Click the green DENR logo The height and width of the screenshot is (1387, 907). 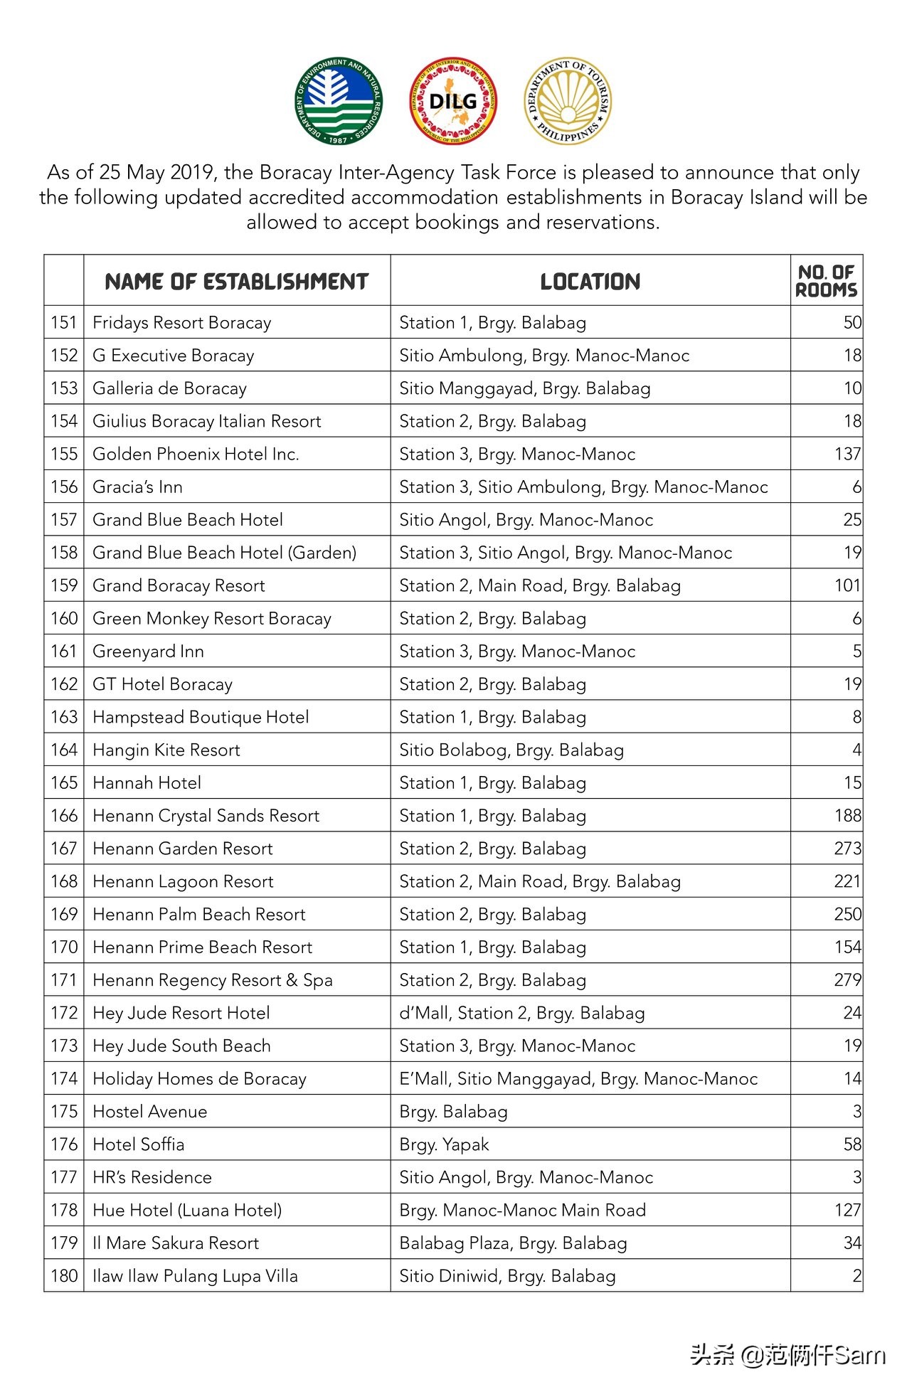pyautogui.click(x=339, y=101)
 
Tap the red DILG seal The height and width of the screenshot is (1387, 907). pyautogui.click(x=453, y=101)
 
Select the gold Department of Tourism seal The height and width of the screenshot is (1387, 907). pyautogui.click(x=567, y=101)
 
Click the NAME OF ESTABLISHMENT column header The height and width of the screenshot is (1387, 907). pyautogui.click(x=236, y=282)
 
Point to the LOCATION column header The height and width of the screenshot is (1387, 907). pyautogui.click(x=590, y=282)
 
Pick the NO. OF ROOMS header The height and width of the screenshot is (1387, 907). pyautogui.click(x=826, y=281)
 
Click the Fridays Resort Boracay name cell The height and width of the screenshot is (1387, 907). pyautogui.click(x=182, y=323)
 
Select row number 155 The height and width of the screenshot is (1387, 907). pyautogui.click(x=64, y=454)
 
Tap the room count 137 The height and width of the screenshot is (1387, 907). pyautogui.click(x=847, y=454)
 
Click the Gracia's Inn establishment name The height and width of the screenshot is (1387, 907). pyautogui.click(x=138, y=487)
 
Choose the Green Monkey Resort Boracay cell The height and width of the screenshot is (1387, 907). pyautogui.click(x=212, y=619)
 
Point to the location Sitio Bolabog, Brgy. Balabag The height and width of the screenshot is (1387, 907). pyautogui.click(x=511, y=750)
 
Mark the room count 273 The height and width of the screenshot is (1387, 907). pyautogui.click(x=847, y=849)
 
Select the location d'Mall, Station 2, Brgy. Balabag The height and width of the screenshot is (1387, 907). pyautogui.click(x=522, y=1013)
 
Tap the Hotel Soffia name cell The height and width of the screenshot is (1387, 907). pyautogui.click(x=139, y=1144)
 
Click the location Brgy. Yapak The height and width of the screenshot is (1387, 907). pyautogui.click(x=444, y=1144)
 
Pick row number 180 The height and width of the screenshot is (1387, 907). pyautogui.click(x=64, y=1276)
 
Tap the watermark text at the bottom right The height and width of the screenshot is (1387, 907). pyautogui.click(x=788, y=1355)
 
